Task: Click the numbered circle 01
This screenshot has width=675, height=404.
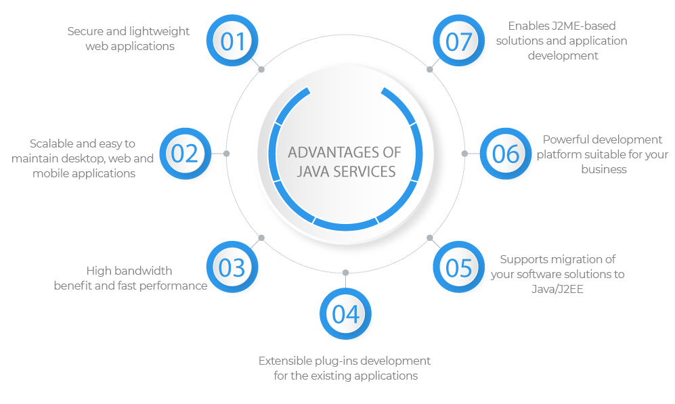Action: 232,41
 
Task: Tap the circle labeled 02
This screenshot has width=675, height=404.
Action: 186,154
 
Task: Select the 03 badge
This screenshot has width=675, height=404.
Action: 232,267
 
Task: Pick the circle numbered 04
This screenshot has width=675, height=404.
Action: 346,313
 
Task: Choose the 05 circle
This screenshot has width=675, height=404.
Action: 459,267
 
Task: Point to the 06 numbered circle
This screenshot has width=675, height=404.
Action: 506,154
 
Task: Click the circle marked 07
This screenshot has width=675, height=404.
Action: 459,41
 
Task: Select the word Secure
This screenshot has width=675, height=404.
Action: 85,31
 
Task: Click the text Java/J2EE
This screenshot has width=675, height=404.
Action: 557,289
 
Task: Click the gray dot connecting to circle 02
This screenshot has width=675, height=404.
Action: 226,154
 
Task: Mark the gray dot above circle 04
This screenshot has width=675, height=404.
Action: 346,273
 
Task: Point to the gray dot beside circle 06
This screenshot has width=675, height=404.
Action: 464,154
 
